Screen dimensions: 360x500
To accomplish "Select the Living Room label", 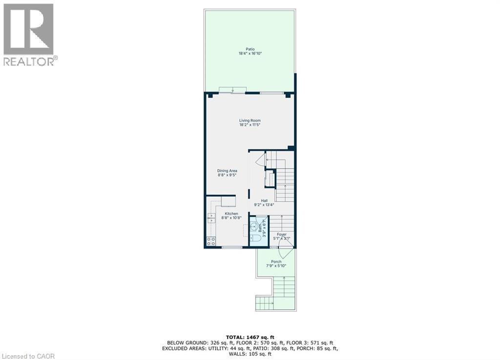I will (x=250, y=120).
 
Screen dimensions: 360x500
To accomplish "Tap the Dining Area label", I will (x=227, y=171).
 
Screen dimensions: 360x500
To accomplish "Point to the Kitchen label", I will (x=231, y=214).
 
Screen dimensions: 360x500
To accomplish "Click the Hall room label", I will (x=264, y=200).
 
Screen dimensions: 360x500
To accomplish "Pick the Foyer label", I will (x=282, y=235).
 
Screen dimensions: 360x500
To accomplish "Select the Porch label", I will (x=276, y=261).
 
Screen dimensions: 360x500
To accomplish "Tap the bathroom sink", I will (x=254, y=226).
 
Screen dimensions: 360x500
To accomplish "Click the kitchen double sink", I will (x=211, y=218).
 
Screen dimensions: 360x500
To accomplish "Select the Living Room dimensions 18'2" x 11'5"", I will (x=250, y=125).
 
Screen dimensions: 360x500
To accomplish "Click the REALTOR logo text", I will (x=29, y=61).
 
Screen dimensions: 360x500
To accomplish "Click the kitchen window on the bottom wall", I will (x=232, y=248).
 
